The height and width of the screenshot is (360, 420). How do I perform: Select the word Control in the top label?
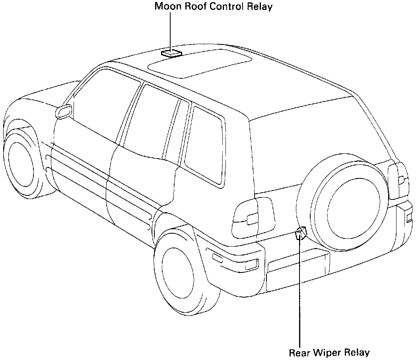click(226, 7)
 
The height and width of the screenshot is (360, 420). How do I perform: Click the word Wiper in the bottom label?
click(327, 352)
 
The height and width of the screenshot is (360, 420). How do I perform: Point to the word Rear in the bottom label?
click(300, 352)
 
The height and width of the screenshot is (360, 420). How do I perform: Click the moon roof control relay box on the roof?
click(171, 53)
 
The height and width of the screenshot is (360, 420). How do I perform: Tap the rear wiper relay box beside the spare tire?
click(301, 233)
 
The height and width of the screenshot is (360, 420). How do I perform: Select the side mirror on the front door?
click(64, 112)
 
